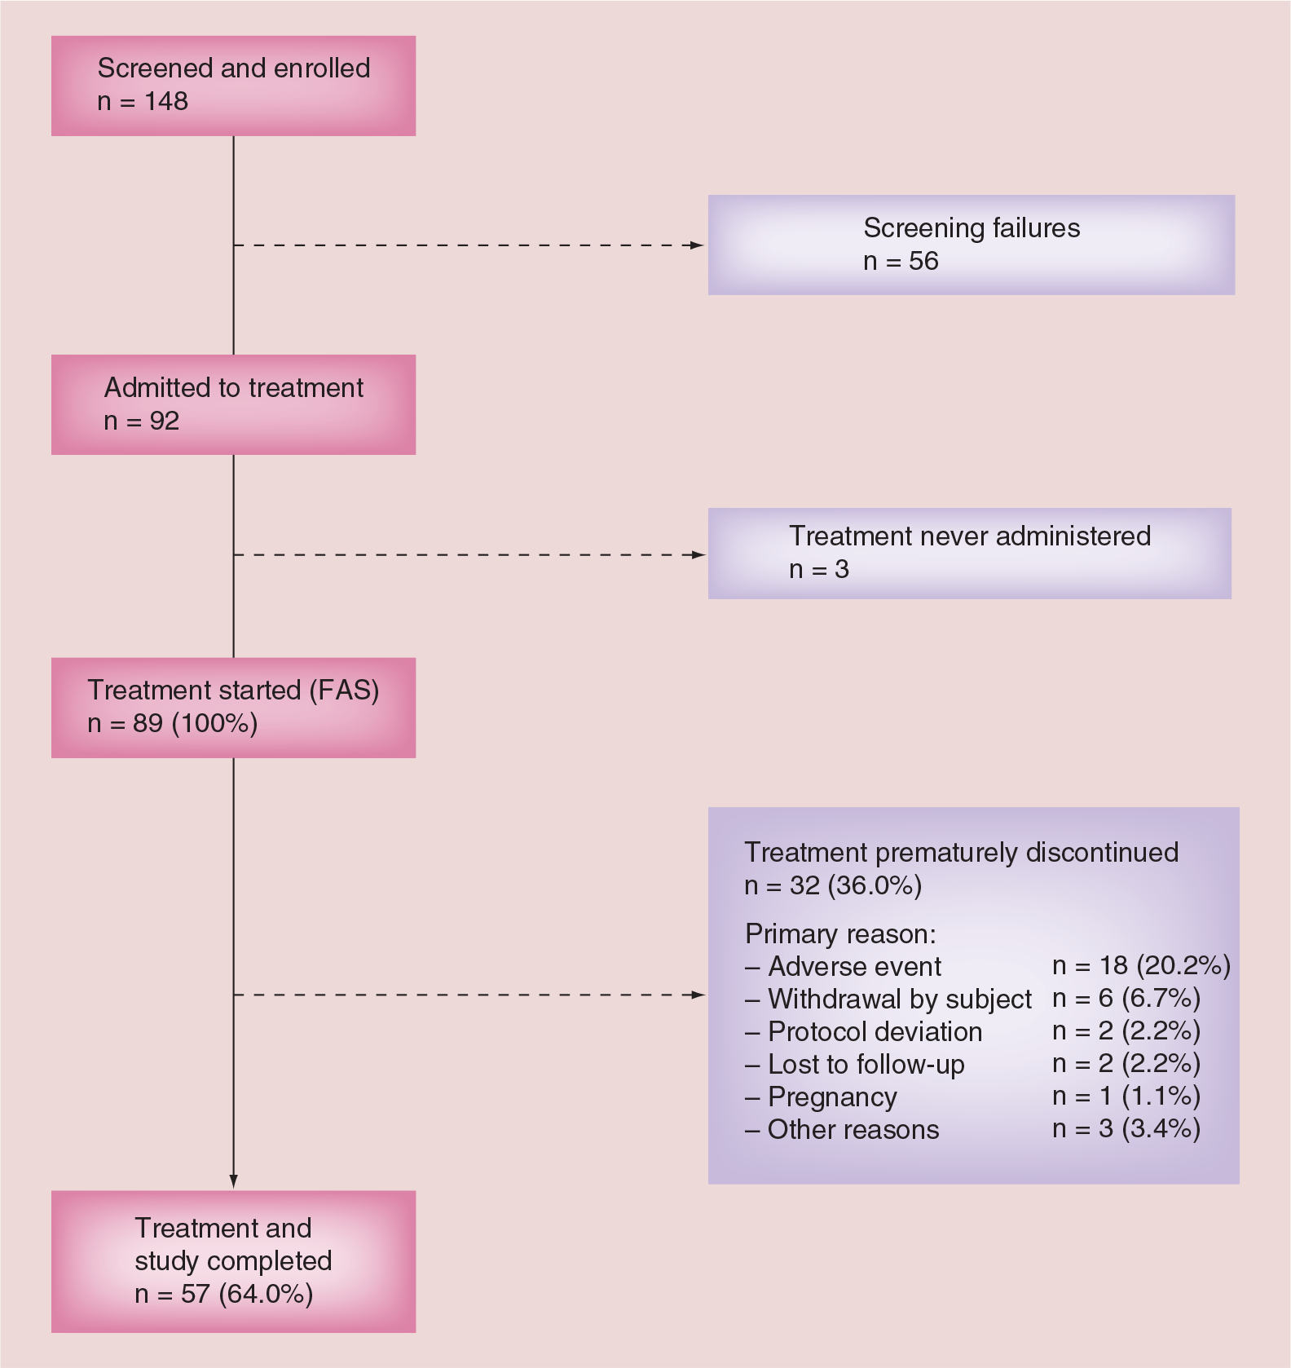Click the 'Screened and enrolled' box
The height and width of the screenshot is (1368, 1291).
pyautogui.click(x=233, y=86)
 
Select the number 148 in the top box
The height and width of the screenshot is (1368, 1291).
pyautogui.click(x=166, y=101)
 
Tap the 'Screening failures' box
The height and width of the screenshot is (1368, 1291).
pyautogui.click(x=972, y=245)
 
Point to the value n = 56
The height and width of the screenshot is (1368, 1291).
pyautogui.click(x=901, y=261)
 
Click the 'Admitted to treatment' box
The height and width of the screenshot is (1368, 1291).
pyautogui.click(x=233, y=404)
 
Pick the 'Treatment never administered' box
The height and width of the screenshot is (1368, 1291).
pyautogui.click(x=970, y=554)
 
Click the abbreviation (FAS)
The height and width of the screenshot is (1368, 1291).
pyautogui.click(x=344, y=691)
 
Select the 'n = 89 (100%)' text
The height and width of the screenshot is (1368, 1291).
pyautogui.click(x=173, y=724)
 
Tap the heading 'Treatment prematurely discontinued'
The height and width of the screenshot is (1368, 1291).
pyautogui.click(x=962, y=853)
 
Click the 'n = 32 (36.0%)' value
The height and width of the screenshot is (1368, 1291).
pyautogui.click(x=833, y=885)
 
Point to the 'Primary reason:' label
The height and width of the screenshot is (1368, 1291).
pyautogui.click(x=841, y=934)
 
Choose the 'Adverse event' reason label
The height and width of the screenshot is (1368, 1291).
pyautogui.click(x=854, y=966)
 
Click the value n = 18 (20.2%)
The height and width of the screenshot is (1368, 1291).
pyautogui.click(x=1142, y=966)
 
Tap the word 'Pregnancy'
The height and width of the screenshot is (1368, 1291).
pyautogui.click(x=832, y=1097)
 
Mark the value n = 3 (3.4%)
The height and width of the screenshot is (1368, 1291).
pyautogui.click(x=1126, y=1129)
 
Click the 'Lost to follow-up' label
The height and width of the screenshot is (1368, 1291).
pyautogui.click(x=866, y=1065)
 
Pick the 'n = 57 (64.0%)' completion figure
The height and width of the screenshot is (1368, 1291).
pyautogui.click(x=224, y=1294)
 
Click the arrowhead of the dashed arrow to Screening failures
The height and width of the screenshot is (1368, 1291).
pyautogui.click(x=697, y=245)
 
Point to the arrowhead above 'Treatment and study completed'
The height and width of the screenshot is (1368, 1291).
pyautogui.click(x=234, y=1181)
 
